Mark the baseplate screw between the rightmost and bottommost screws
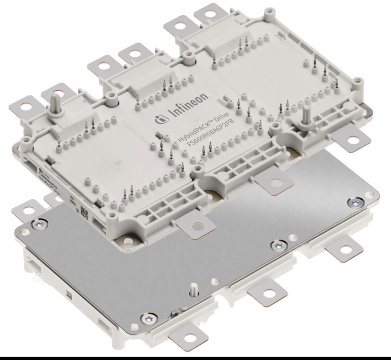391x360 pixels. [x=277, y=245]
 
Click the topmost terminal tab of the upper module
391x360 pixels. [x=208, y=12]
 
